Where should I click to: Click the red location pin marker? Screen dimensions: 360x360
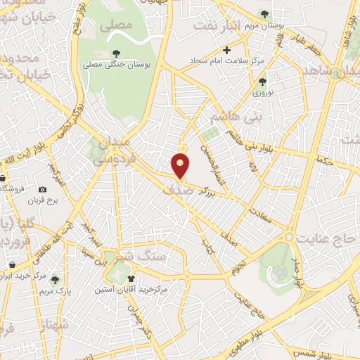(181, 166)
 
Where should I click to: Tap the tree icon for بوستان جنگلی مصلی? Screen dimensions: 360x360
(115, 53)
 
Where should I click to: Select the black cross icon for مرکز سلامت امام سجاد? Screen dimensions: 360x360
(226, 50)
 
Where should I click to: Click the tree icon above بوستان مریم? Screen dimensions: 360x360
(264, 13)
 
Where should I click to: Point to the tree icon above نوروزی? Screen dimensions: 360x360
(262, 82)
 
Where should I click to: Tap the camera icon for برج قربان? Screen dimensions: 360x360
(43, 190)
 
